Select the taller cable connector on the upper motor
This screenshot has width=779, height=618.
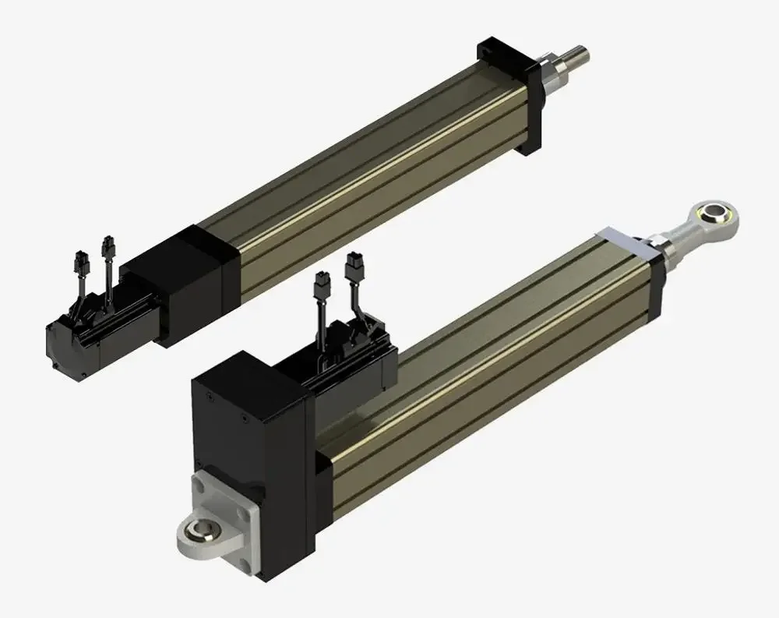[107, 248]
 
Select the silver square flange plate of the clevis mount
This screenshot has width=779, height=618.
[226, 503]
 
